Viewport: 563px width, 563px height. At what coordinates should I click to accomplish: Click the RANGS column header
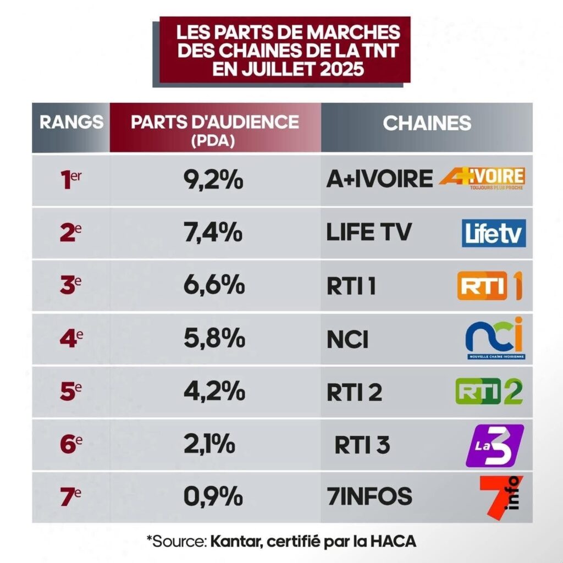(71, 122)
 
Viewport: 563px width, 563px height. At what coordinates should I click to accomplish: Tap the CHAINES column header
(427, 123)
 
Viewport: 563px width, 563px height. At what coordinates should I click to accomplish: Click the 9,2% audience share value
(213, 179)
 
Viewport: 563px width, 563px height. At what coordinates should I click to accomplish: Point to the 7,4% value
(213, 232)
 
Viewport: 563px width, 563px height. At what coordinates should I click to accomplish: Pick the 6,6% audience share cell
(213, 285)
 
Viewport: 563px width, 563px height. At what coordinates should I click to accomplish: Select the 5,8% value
(213, 338)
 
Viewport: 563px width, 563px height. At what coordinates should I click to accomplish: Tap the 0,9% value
(213, 496)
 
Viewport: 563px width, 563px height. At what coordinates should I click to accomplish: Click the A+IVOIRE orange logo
(482, 179)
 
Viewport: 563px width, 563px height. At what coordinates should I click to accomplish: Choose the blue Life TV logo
(494, 233)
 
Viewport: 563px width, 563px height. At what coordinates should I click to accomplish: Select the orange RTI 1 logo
(490, 285)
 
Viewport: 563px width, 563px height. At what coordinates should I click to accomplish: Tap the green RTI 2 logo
(489, 390)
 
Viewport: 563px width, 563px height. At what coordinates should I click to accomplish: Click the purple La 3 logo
(494, 444)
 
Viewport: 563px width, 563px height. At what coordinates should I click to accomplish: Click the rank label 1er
(71, 180)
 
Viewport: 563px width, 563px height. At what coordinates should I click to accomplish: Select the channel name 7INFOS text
(369, 496)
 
